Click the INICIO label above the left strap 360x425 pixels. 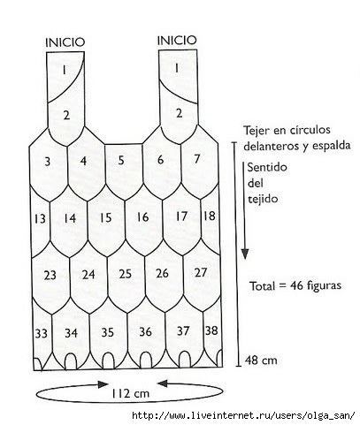point(65,42)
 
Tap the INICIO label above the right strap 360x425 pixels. point(177,40)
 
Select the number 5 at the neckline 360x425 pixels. point(121,160)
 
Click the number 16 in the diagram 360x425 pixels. point(142,217)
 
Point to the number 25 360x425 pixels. point(125,274)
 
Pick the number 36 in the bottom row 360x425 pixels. point(145,331)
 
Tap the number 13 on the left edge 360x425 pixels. point(40,219)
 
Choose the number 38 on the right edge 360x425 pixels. point(211,330)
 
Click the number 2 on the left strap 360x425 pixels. point(66,115)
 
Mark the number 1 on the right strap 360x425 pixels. point(177,68)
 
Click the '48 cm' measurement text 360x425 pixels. point(261,360)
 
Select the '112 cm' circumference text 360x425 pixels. point(131,393)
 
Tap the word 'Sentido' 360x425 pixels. point(267,167)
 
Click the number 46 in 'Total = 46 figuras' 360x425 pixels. point(297,285)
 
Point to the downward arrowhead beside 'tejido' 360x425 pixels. point(245,254)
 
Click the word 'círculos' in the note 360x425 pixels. point(310,130)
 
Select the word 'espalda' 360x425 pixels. point(332,146)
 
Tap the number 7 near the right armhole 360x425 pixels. point(197,159)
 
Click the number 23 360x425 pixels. point(50,275)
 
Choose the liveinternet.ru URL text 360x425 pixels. point(243,415)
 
